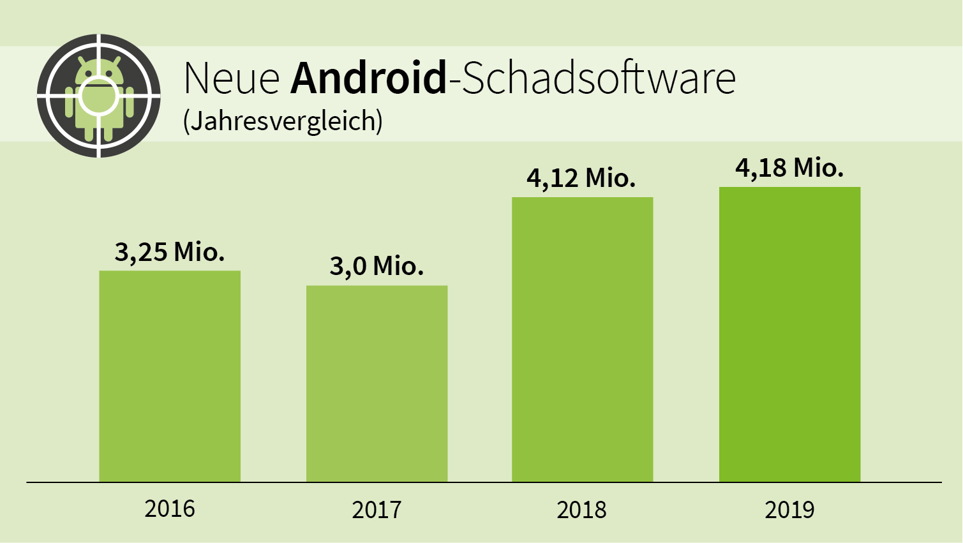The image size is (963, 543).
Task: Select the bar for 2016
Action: point(170,376)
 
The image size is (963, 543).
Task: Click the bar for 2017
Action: point(377,383)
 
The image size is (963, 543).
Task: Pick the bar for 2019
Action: point(789,334)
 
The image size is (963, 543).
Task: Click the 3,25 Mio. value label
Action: point(170,253)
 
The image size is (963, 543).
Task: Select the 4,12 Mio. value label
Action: point(581,179)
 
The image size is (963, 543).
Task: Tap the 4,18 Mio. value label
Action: point(789,168)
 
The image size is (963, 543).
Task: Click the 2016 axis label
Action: point(170,509)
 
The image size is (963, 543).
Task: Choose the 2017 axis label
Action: point(377,510)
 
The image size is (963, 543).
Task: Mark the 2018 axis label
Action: point(581,510)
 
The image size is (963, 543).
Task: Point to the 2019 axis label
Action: point(789,510)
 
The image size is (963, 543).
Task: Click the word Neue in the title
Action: point(232,78)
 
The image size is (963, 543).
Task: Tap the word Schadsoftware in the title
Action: point(599,78)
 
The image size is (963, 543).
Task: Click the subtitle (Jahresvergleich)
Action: point(283,121)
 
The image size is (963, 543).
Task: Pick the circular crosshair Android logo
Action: point(98,96)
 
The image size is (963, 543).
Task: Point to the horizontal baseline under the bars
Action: point(484,482)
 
